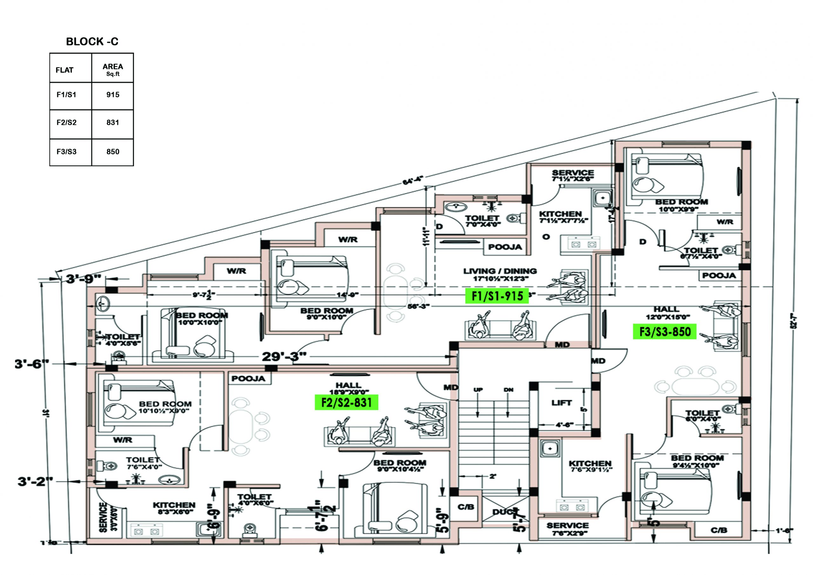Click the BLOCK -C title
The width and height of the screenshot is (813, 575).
coord(92,41)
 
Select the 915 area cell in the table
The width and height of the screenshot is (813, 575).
coord(113,95)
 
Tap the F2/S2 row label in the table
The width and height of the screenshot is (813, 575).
coord(67,123)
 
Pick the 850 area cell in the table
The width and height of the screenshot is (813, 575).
coord(113,152)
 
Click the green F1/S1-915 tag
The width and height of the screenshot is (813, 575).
coord(497,296)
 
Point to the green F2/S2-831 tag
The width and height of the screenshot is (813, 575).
coord(346,402)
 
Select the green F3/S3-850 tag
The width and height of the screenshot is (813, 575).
coord(665,332)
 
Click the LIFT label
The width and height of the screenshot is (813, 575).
coord(561,403)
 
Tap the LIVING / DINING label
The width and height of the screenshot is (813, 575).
coord(500,271)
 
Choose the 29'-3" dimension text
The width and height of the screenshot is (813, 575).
coord(284,356)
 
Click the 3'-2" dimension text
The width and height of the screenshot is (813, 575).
coord(35,482)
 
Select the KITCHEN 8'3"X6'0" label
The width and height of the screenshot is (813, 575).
coord(174,508)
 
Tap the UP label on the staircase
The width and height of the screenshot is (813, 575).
coord(478,390)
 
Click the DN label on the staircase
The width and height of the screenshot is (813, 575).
coord(508,390)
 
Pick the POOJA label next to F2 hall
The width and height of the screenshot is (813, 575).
coord(248,379)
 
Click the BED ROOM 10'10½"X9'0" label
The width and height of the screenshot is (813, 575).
coord(165,407)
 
